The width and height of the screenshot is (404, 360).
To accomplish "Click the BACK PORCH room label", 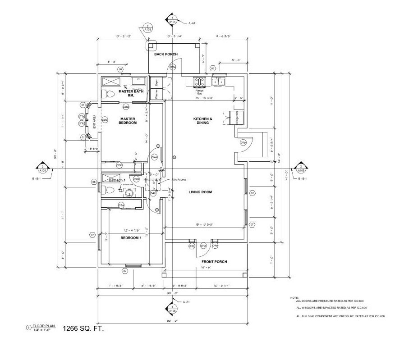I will pyautogui.click(x=166, y=54).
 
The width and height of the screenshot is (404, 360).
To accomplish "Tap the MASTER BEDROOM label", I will pyautogui.click(x=128, y=121).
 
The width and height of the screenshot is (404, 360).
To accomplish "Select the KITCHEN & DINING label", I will pyautogui.click(x=203, y=120).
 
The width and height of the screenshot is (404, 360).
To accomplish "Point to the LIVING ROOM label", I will pyautogui.click(x=200, y=192).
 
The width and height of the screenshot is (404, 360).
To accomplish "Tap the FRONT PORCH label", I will pyautogui.click(x=215, y=262).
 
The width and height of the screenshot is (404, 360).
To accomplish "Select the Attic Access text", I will pyautogui.click(x=179, y=179).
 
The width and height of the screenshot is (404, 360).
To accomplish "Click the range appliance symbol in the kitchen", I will pyautogui.click(x=199, y=82).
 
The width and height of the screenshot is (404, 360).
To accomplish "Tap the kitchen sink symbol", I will pyautogui.click(x=219, y=82).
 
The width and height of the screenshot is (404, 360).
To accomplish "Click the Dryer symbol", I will pyautogui.click(x=157, y=82).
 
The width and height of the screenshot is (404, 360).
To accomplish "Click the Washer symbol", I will pyautogui.click(x=157, y=94).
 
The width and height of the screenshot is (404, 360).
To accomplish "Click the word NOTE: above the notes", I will pyautogui.click(x=294, y=298).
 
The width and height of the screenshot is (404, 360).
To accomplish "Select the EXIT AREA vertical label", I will pyautogui.click(x=94, y=122).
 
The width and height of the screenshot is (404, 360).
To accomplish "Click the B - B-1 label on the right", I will pyautogui.click(x=302, y=179).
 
